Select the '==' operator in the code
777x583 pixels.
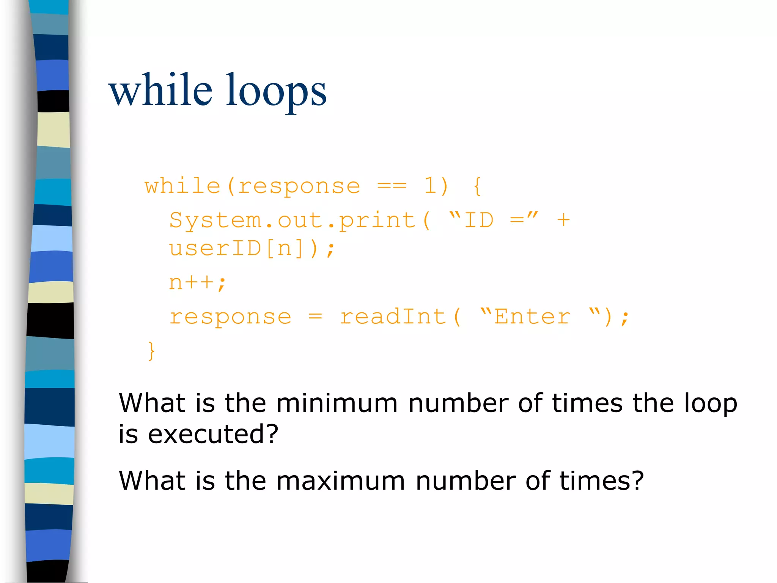[x=392, y=186]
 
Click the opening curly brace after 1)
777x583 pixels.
[x=477, y=186]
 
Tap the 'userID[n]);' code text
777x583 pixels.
[x=252, y=249]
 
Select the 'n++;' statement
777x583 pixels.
[x=197, y=282]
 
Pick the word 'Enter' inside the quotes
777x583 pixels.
[x=532, y=317]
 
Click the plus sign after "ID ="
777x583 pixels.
[x=563, y=220]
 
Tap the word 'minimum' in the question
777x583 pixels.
[x=337, y=403]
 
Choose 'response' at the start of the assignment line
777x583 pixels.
[x=230, y=317]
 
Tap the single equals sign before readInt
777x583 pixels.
[x=315, y=317]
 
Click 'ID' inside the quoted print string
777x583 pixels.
[x=479, y=220]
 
